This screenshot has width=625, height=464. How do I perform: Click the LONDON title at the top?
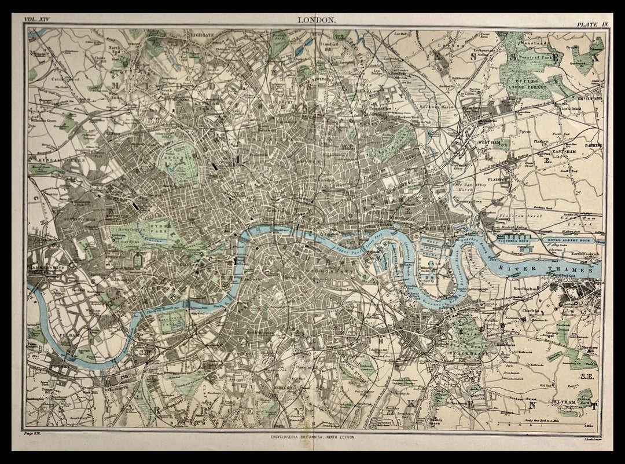316,20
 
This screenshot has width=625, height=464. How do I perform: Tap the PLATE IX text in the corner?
590,24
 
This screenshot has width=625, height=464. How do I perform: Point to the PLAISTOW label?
501,180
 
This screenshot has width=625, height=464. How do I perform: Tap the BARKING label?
593,146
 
